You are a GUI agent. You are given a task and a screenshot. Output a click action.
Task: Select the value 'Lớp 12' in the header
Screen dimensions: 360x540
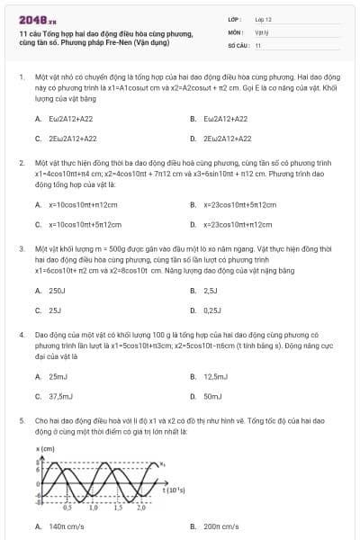click(x=263, y=18)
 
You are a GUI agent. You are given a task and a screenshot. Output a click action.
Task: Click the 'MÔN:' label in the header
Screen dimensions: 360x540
click(x=235, y=31)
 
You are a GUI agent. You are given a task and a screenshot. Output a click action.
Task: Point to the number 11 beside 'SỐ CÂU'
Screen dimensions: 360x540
click(x=258, y=44)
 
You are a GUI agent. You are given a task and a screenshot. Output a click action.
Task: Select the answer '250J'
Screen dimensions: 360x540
click(x=57, y=291)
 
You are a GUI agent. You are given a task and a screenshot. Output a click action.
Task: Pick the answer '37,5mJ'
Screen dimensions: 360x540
click(x=60, y=396)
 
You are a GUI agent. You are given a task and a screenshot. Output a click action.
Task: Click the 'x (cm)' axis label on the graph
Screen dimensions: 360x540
click(x=45, y=447)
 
